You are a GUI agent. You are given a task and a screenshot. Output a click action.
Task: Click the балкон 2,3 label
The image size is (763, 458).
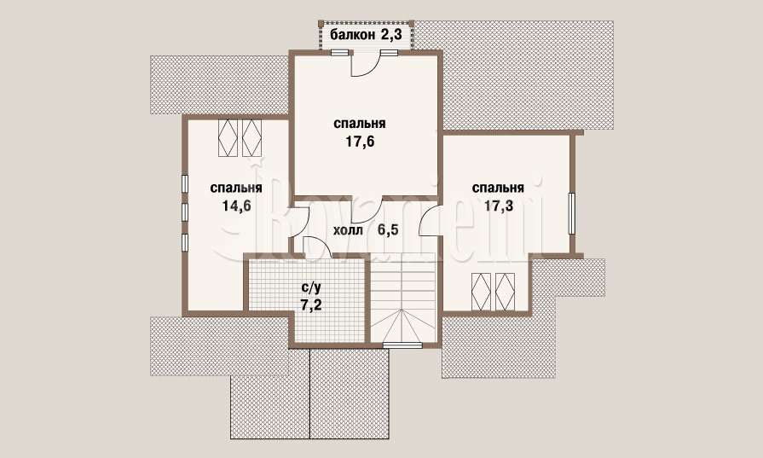coord(367,35)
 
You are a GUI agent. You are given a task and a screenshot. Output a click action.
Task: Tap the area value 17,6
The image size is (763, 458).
coord(360,142)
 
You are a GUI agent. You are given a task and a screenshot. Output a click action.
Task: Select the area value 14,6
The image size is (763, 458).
coord(236,206)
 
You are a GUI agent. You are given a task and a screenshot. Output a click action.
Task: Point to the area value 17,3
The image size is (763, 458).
coord(498,206)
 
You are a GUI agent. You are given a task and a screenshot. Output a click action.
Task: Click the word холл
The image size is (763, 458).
coord(348,230)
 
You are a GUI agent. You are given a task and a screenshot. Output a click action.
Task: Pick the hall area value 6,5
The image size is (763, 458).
coord(388,229)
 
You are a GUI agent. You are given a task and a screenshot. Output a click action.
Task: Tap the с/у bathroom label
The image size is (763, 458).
coord(311,287)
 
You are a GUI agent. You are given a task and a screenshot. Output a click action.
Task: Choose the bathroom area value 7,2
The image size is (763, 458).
coord(311,305)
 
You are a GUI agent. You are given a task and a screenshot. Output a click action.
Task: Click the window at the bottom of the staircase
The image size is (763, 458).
coord(402,345)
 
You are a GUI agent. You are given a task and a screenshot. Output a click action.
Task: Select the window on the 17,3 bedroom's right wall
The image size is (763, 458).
coord(572,213)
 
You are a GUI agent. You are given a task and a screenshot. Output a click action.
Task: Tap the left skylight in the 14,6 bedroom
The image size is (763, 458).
coord(228,137)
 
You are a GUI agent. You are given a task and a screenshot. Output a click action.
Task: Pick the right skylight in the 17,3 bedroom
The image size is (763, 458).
coord(505,291)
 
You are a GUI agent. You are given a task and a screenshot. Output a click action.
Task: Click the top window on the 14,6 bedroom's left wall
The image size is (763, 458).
coord(185,184)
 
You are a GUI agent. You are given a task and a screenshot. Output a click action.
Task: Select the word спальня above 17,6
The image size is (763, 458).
coord(360,124)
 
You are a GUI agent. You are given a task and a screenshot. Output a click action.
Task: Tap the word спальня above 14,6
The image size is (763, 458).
coord(236,188)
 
